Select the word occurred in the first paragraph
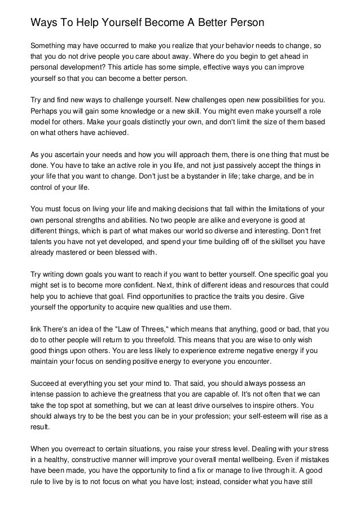[113, 45]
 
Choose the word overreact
[92, 447]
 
